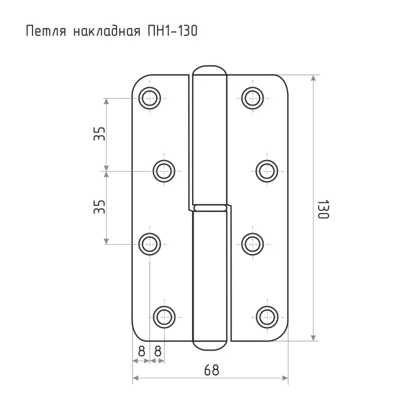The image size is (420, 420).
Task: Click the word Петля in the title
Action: point(46,31)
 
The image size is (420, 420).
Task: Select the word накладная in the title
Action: point(107,31)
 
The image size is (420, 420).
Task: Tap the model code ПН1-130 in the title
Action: point(173,30)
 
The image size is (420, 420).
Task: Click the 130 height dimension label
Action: point(323,209)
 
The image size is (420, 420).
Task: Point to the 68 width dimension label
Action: point(212,370)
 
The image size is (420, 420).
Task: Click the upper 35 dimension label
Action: point(99,134)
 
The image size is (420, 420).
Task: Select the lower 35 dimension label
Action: point(99,207)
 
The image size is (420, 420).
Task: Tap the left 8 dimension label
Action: point(141,351)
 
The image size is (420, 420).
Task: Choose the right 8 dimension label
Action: point(158,351)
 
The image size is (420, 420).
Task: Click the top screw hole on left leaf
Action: point(150,98)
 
